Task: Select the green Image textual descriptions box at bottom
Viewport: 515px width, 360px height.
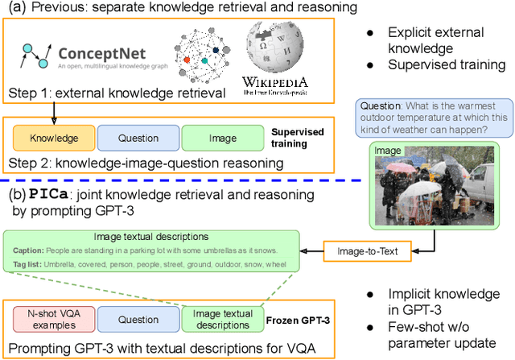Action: tap(223, 320)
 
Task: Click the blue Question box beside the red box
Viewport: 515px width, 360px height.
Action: tap(138, 320)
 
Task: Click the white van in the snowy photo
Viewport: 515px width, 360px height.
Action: tap(476, 183)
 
